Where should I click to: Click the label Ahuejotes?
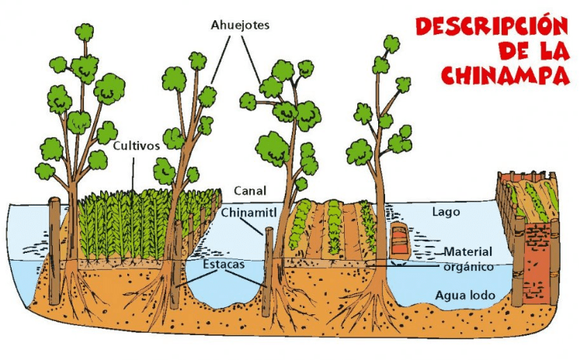point(240,25)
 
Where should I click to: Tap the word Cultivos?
point(136,146)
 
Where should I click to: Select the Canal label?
point(250,191)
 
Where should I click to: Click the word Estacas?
point(224,265)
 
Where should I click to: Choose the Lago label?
point(446,212)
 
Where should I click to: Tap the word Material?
point(468,252)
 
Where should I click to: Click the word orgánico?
point(469,267)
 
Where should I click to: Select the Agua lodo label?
point(465,296)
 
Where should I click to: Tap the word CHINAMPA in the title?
point(505,75)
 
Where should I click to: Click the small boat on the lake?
point(400,241)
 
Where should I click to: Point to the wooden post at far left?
point(55,251)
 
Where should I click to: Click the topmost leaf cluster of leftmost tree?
point(85,32)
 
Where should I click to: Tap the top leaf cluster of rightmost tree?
point(391,44)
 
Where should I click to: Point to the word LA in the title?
point(554,50)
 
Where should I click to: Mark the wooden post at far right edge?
point(554,261)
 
